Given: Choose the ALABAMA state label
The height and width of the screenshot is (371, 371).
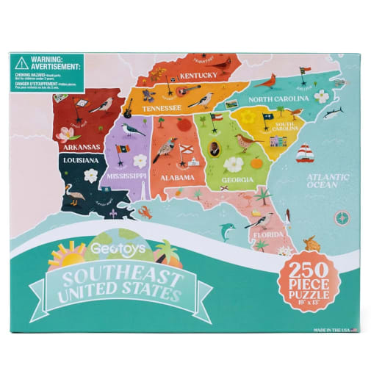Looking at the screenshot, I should (x=177, y=177).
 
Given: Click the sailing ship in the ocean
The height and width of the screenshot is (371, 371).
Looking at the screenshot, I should (x=306, y=154).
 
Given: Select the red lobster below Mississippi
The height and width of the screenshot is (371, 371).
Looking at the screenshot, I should (x=145, y=214).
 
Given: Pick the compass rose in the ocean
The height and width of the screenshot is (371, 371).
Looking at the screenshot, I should (x=341, y=217).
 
